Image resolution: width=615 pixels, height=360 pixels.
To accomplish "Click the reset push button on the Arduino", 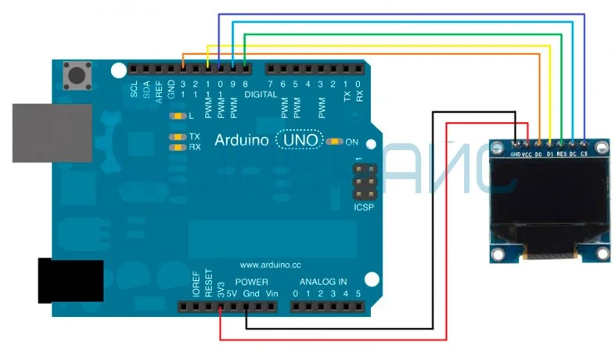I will tap(77, 76).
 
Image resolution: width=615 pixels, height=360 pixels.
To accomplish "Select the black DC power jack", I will tap(70, 281).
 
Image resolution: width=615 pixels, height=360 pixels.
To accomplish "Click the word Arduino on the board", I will tap(243, 141).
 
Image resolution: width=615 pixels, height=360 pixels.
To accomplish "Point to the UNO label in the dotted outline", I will tap(301, 141).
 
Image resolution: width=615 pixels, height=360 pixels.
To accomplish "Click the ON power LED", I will tap(335, 142).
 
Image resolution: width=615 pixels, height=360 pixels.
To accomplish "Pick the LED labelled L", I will tap(179, 117).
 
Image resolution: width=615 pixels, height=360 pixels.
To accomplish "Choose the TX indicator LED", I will tap(178, 136).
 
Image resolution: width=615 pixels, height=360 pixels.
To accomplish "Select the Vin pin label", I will tap(271, 293).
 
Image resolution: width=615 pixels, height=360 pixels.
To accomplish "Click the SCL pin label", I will tap(135, 90).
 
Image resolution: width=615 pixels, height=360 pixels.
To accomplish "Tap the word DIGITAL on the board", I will tap(261, 95).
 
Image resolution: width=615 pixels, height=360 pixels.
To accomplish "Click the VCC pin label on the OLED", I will tap(527, 154).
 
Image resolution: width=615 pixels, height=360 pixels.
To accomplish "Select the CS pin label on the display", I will tap(584, 154).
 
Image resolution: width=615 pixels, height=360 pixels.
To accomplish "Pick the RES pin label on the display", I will tap(561, 154).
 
